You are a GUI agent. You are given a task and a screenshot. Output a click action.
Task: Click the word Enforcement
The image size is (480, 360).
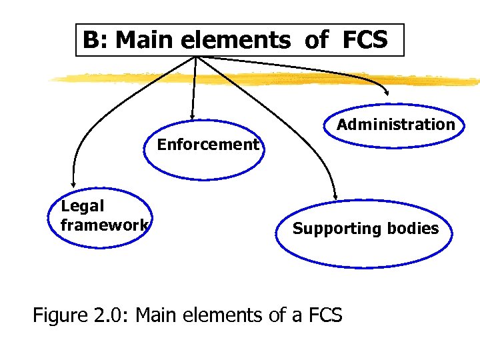[x=208, y=145]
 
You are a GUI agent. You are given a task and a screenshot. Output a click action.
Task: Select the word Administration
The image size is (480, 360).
[x=395, y=125]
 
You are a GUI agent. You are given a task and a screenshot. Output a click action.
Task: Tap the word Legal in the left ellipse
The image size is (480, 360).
[x=83, y=207]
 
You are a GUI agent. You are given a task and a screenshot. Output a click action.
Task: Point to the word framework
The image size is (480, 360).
[x=104, y=225]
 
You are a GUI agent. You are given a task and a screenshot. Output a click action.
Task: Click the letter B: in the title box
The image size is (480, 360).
[x=95, y=41]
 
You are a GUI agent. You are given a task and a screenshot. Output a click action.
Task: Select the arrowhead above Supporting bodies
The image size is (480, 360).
[x=335, y=196]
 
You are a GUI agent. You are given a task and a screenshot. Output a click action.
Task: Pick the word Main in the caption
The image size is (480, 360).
[x=162, y=314]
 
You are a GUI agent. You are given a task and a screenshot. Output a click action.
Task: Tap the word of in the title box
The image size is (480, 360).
[x=315, y=41]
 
